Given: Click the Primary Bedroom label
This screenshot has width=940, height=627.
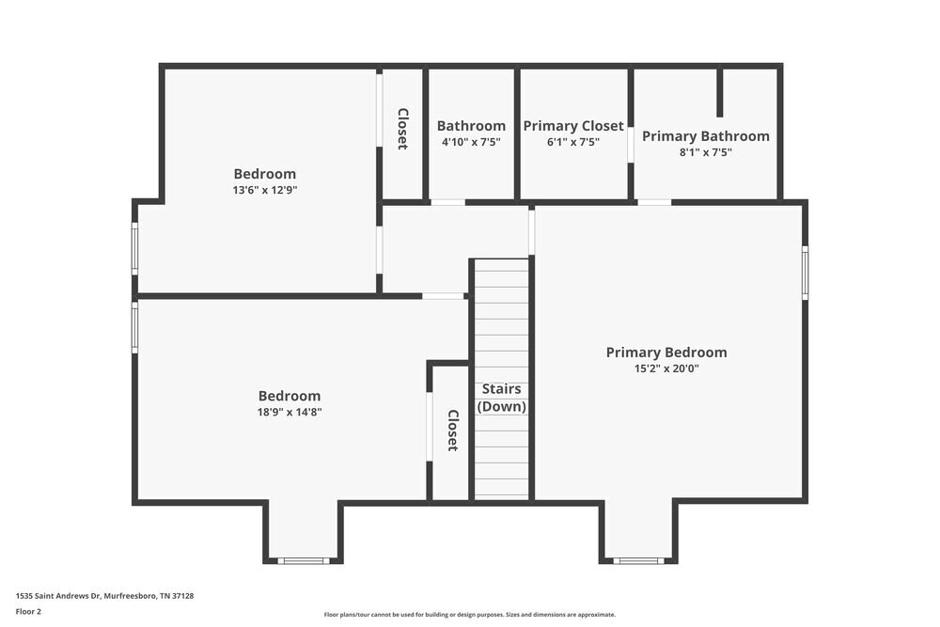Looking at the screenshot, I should point(666,353).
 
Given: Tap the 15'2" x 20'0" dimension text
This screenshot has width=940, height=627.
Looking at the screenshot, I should point(666,369).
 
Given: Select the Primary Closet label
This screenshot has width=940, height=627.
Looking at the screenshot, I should point(572,126).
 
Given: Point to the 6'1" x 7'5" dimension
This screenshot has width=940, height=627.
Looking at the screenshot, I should point(572,142).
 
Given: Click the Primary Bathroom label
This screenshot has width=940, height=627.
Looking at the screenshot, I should point(705,136).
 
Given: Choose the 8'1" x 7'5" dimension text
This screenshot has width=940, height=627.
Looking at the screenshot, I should point(705,152).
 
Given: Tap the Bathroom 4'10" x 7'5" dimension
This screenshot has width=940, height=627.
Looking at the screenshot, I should point(471,142).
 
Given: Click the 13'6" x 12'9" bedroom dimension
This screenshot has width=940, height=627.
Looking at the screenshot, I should point(264,190).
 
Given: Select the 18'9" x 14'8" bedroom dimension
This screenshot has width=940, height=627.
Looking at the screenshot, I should point(289,412).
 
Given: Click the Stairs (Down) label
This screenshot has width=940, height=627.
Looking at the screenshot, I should point(501,398).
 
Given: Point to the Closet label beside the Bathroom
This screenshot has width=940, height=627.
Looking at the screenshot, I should point(402,130).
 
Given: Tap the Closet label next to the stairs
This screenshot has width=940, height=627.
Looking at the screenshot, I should point(452,431).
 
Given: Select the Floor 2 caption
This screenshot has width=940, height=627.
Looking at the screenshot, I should point(28,611).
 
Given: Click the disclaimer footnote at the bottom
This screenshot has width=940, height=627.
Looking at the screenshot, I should point(470,615).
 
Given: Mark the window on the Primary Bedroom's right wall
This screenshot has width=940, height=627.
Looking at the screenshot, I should point(805,273).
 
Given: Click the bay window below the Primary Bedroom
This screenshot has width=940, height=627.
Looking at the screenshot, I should point(638,561).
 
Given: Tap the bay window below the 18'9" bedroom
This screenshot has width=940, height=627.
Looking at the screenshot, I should point(304,561).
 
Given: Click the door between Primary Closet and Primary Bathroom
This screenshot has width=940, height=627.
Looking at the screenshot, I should point(631,142).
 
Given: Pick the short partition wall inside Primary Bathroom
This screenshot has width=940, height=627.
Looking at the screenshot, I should point(720,92).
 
